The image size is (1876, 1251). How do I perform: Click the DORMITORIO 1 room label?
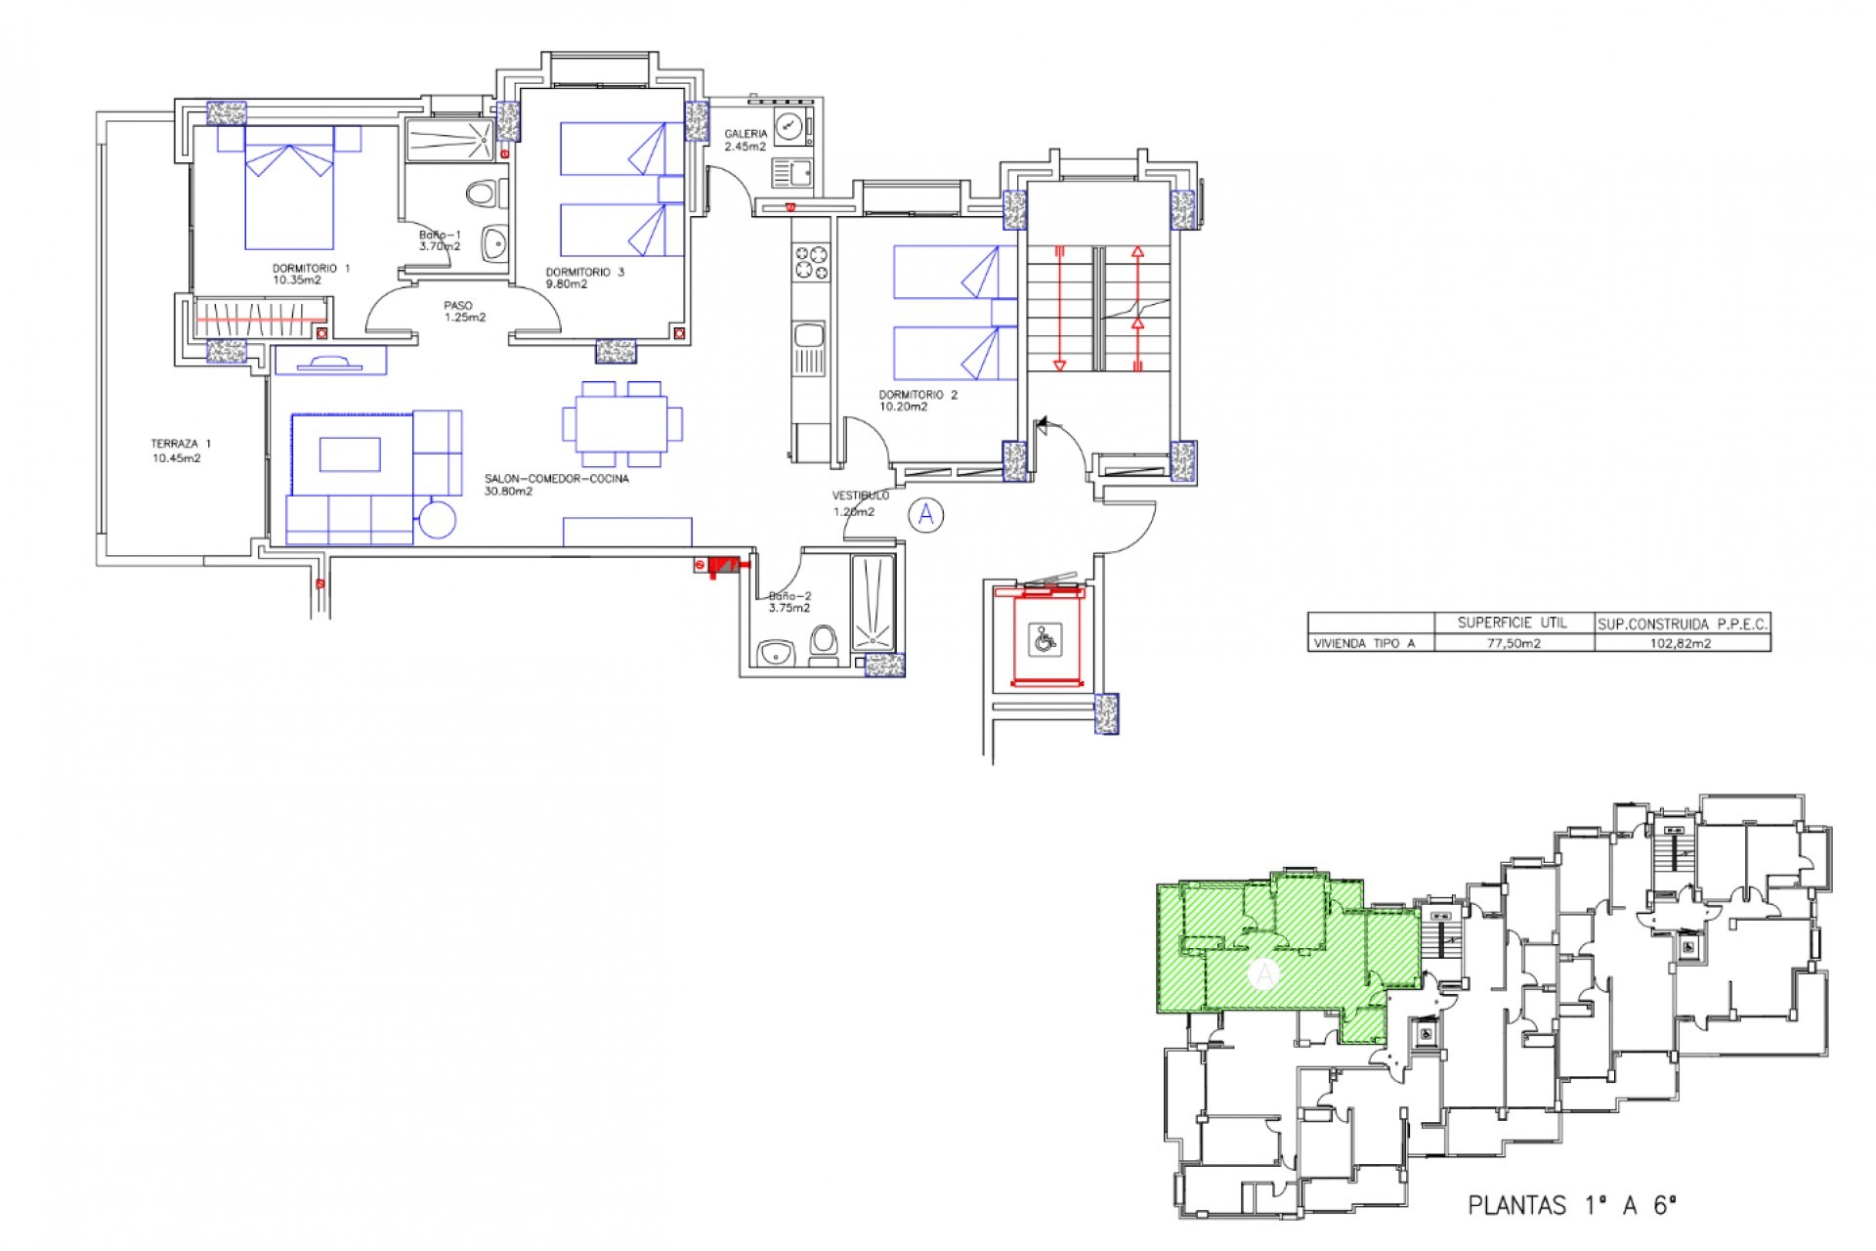pyautogui.click(x=310, y=274)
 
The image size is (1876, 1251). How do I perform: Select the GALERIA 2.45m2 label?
pyautogui.click(x=746, y=140)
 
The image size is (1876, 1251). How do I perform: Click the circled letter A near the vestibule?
pyautogui.click(x=926, y=514)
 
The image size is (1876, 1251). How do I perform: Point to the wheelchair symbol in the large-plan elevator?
pyautogui.click(x=1045, y=640)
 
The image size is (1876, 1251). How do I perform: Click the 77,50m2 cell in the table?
pyautogui.click(x=1514, y=643)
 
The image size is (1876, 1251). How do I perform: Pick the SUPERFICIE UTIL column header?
pyautogui.click(x=1513, y=623)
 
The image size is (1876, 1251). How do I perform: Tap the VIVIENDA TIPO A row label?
pyautogui.click(x=1362, y=643)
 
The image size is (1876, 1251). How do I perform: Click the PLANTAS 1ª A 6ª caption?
pyautogui.click(x=1572, y=1205)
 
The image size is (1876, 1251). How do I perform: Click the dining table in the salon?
pyautogui.click(x=622, y=423)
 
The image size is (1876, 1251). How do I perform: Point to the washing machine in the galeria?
pyautogui.click(x=789, y=125)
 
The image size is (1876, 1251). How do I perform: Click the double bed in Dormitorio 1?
pyautogui.click(x=289, y=195)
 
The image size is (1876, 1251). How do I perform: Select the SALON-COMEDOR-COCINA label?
pyautogui.click(x=556, y=485)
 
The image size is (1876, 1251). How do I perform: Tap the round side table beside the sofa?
pyautogui.click(x=437, y=519)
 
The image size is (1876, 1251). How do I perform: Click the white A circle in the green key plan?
pyautogui.click(x=1264, y=973)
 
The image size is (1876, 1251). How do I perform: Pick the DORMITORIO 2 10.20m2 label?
pyautogui.click(x=917, y=401)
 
